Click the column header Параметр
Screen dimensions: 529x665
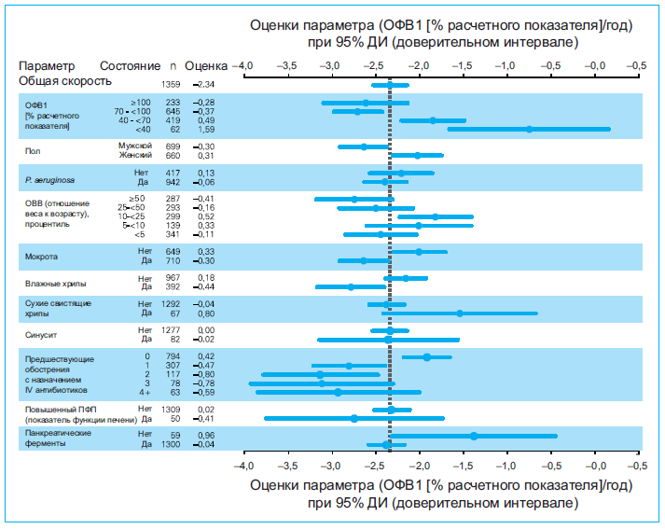46,67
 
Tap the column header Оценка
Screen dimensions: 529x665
206,67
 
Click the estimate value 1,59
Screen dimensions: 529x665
204,130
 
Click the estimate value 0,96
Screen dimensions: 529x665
204,435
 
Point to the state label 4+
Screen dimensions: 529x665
144,393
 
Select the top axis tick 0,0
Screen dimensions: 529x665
595,67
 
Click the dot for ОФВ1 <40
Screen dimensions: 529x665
529,130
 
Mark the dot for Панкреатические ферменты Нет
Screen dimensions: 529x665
474,436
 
